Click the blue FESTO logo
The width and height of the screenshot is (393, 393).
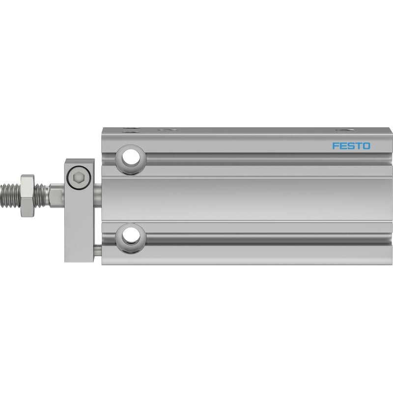tap(351, 146)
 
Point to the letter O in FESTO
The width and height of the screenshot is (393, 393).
tap(366, 146)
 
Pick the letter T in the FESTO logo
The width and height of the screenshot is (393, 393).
tap(358, 146)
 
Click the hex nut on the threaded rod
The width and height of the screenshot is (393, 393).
tap(28, 196)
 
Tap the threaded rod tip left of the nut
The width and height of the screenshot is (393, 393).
tap(10, 196)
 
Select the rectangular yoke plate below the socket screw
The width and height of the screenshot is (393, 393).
tap(80, 225)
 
